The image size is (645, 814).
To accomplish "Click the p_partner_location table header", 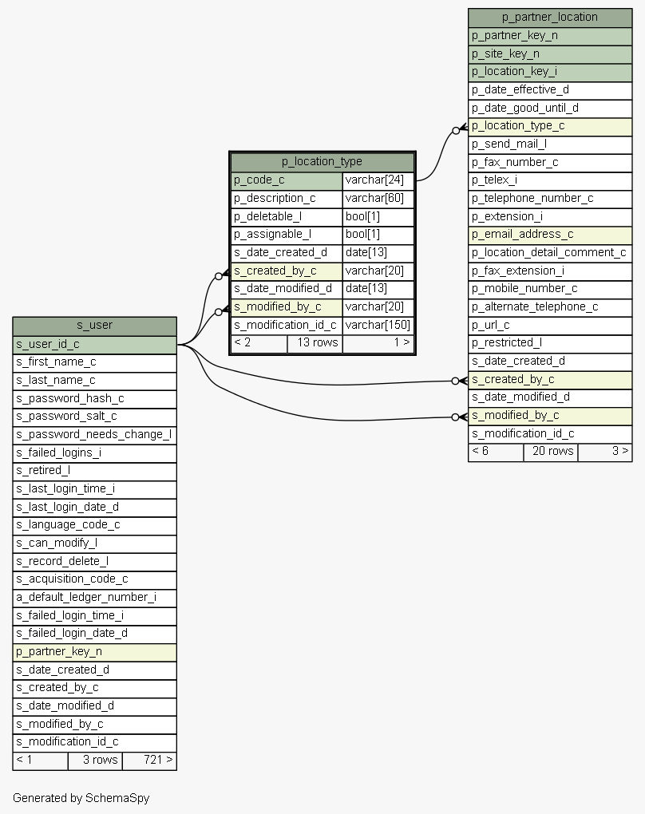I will [550, 17].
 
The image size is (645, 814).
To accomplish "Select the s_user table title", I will [94, 325].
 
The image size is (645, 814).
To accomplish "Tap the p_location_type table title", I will [322, 161].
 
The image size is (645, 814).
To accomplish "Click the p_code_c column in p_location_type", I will [287, 180].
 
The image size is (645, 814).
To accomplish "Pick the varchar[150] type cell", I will [378, 325].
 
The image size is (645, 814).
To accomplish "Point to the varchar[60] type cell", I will [378, 198].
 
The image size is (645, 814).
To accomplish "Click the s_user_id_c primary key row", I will [94, 344].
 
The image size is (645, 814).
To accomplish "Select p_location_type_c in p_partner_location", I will [550, 126].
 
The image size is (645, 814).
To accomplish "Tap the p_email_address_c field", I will [550, 235].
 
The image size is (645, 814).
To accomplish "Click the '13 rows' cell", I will [315, 343].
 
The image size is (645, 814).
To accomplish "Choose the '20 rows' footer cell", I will [550, 452].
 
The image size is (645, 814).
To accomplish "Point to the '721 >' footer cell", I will [149, 760].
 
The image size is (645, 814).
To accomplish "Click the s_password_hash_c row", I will [94, 398].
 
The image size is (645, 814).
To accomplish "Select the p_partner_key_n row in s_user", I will [94, 651].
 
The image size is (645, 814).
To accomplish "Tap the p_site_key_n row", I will [550, 53].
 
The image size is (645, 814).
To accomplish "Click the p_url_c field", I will [550, 325].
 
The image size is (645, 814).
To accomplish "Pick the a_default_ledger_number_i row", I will [94, 597].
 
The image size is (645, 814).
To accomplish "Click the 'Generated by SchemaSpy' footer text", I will [81, 798].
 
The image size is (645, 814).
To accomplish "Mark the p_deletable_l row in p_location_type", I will [287, 216].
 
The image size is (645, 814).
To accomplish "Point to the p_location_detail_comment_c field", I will [550, 253].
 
